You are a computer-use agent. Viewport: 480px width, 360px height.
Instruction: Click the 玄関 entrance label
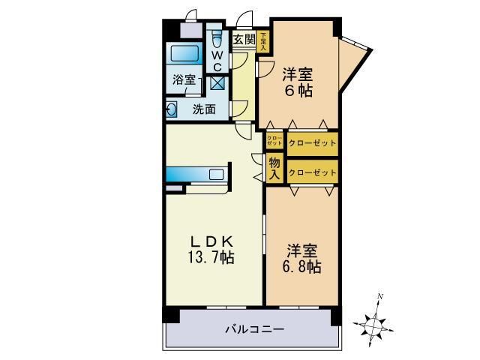click(244, 39)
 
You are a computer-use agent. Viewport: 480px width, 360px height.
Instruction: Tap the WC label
click(216, 59)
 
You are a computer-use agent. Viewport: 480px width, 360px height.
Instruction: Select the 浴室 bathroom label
click(184, 79)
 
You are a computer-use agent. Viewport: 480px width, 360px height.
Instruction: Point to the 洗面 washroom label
click(204, 109)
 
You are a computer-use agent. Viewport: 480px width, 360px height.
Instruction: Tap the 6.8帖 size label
click(303, 266)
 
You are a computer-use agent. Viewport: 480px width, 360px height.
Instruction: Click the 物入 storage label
click(274, 168)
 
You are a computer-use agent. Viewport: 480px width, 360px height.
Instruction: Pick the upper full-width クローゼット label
click(313, 142)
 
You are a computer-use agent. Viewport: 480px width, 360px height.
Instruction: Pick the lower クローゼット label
click(313, 172)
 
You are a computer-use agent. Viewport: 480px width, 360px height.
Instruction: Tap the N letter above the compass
click(381, 298)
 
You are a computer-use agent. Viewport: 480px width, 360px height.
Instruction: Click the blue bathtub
click(184, 55)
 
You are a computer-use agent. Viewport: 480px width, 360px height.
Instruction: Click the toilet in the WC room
click(216, 39)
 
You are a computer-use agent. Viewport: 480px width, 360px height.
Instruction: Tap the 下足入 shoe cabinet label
click(263, 40)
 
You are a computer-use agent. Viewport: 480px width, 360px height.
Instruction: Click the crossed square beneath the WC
click(217, 83)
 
